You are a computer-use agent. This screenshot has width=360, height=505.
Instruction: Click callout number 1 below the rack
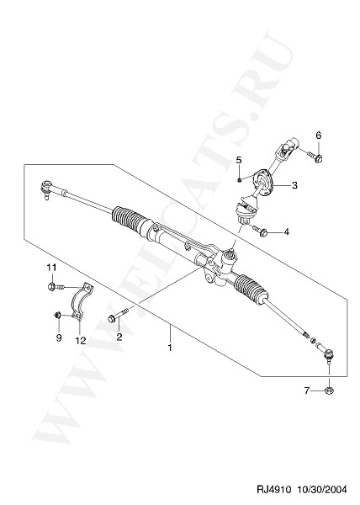[170, 348]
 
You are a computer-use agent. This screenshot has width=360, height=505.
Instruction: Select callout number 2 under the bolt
[119, 337]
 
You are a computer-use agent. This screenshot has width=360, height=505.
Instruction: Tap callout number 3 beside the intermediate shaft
[294, 185]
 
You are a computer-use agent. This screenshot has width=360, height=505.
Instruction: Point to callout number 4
[286, 231]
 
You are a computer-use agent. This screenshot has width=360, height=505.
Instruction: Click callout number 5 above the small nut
[239, 160]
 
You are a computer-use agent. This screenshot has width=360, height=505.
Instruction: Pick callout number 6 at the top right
[318, 136]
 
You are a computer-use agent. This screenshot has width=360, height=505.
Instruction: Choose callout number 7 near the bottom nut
[307, 391]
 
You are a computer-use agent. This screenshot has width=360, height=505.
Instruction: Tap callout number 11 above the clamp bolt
[52, 268]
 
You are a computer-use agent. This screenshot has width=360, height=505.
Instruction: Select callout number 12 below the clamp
[81, 340]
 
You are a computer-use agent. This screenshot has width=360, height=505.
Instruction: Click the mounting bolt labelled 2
[118, 315]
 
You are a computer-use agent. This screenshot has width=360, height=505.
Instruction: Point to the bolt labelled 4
[260, 231]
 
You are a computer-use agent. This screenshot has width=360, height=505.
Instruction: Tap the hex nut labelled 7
[329, 391]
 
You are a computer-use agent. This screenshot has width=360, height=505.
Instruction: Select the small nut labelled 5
[240, 179]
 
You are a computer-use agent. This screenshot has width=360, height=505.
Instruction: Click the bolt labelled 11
[56, 286]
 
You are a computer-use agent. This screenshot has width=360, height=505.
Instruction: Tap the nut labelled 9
[57, 315]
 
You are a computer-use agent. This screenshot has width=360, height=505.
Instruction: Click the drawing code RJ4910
[273, 489]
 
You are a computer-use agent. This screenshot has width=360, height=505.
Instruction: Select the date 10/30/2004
[321, 489]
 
